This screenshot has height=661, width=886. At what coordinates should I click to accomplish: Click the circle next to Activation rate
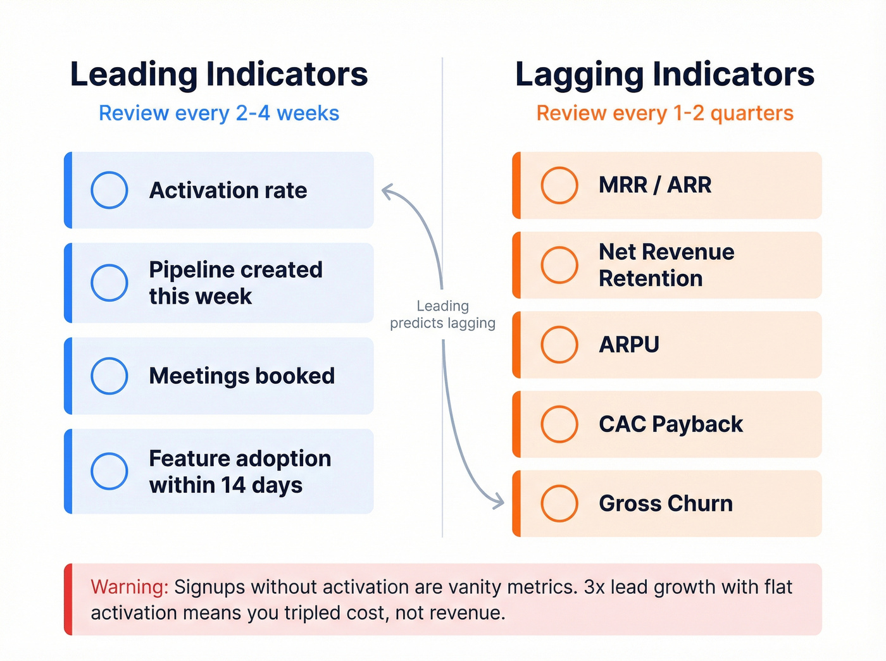(x=109, y=190)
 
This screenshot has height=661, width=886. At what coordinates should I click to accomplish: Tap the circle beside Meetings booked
(x=109, y=376)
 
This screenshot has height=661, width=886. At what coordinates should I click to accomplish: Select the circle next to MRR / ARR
(x=559, y=185)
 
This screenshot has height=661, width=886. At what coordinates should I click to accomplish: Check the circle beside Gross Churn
(x=559, y=503)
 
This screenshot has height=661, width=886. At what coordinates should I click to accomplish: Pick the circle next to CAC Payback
(x=559, y=424)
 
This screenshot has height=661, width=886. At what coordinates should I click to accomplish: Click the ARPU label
(x=629, y=345)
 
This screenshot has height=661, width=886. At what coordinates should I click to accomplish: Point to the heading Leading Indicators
(x=219, y=75)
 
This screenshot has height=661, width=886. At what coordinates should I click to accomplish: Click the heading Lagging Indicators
(x=664, y=75)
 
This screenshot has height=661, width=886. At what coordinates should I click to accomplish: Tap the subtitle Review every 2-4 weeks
(x=219, y=113)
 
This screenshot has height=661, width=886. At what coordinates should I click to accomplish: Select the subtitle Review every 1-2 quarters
(x=664, y=113)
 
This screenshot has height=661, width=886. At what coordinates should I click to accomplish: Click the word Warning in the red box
(x=129, y=587)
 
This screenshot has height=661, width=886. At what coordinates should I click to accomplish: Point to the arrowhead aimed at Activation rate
(x=386, y=190)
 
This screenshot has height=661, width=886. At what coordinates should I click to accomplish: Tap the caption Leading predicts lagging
(x=442, y=314)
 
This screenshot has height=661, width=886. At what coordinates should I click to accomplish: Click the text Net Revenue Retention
(x=666, y=265)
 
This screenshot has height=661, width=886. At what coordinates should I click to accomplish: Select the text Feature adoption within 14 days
(x=239, y=471)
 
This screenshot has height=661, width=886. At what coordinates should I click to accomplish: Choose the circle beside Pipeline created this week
(x=109, y=283)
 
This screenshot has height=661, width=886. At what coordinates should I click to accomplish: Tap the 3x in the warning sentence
(x=594, y=587)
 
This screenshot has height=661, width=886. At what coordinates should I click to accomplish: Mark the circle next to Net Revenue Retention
(x=559, y=265)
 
